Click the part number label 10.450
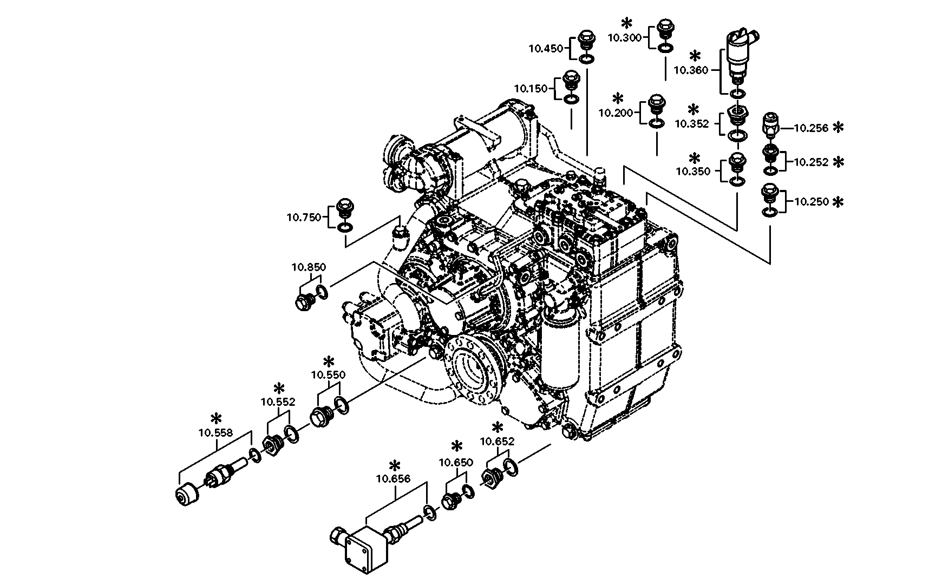[546, 48]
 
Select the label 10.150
[531, 88]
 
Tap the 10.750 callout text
[304, 217]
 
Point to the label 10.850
[309, 266]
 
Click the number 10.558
[215, 432]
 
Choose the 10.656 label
[393, 478]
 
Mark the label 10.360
[690, 70]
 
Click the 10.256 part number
[811, 128]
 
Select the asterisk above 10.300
[627, 23]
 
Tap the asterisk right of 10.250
[838, 202]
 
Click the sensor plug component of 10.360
[740, 54]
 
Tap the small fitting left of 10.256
[770, 124]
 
